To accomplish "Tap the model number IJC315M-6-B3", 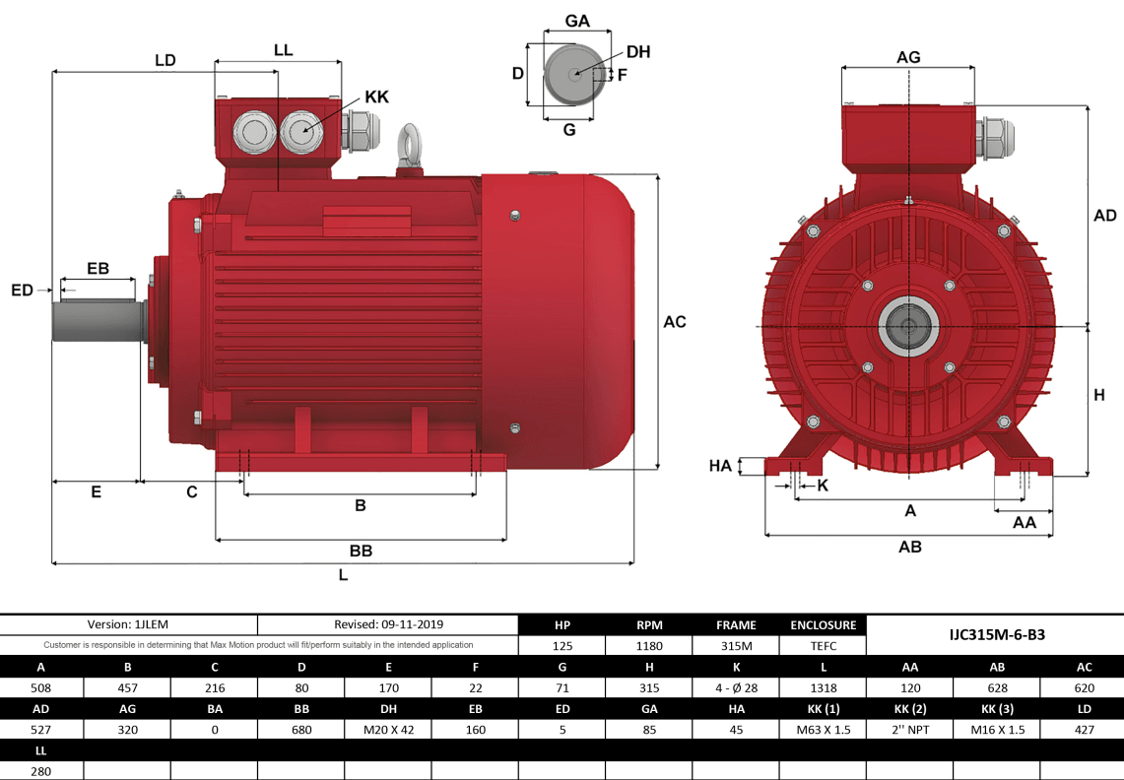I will [x=996, y=635].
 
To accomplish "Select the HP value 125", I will [x=562, y=646].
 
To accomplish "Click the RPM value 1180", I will [x=648, y=646].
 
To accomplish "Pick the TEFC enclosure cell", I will [x=823, y=646].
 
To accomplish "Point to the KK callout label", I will [x=376, y=97].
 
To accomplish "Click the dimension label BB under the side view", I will [x=361, y=551].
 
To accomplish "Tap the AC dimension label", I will [x=675, y=322].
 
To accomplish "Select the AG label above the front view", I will [x=908, y=57].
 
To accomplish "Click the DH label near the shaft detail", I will [x=638, y=52].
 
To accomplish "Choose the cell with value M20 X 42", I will [x=388, y=730].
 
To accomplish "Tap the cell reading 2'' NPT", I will [x=909, y=730].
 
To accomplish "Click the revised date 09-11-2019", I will [x=388, y=624].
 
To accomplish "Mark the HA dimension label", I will [x=721, y=466].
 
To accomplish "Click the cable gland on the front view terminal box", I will [x=992, y=137].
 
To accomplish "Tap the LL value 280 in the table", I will [x=41, y=771].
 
